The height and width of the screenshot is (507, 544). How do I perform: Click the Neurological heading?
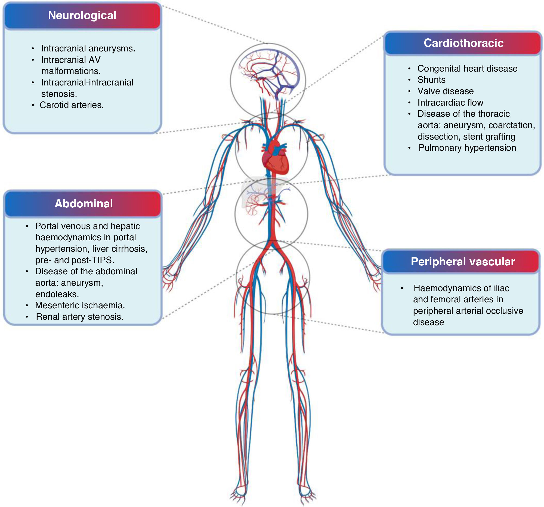click(82, 15)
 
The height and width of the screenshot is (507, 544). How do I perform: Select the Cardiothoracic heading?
click(463, 43)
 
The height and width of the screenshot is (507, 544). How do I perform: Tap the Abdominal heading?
click(84, 203)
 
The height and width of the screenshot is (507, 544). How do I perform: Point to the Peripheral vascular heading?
click(463, 262)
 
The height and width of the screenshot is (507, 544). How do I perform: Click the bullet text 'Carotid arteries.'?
click(72, 105)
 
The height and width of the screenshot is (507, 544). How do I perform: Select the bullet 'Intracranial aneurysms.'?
click(88, 48)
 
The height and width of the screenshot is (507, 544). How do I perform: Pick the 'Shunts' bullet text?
click(431, 80)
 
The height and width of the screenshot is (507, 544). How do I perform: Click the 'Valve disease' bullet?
click(446, 91)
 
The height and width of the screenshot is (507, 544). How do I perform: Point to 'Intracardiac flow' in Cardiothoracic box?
click(450, 103)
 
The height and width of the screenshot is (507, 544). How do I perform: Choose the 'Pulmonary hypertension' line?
click(467, 148)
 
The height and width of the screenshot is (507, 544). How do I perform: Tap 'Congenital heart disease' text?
click(467, 68)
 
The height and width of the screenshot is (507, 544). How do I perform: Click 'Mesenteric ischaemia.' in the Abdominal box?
click(80, 305)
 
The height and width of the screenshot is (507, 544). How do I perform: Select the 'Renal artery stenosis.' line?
click(80, 317)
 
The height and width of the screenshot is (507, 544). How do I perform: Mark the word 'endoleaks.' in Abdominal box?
click(57, 294)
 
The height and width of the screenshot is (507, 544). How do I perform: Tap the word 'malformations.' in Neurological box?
click(71, 71)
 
